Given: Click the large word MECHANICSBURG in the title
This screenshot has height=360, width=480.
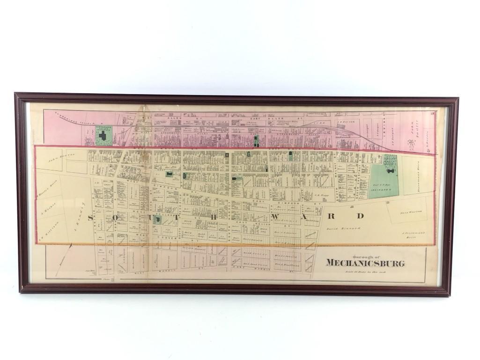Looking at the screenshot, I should pyautogui.click(x=365, y=263).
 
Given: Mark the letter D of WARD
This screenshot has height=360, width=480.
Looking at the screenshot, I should pyautogui.click(x=361, y=216).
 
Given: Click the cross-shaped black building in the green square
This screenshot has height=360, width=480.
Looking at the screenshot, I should pyautogui.click(x=103, y=136).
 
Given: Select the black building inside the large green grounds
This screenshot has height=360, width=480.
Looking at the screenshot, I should pyautogui.click(x=389, y=171).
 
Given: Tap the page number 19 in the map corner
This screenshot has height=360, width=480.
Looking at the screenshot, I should pyautogui.click(x=433, y=113).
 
